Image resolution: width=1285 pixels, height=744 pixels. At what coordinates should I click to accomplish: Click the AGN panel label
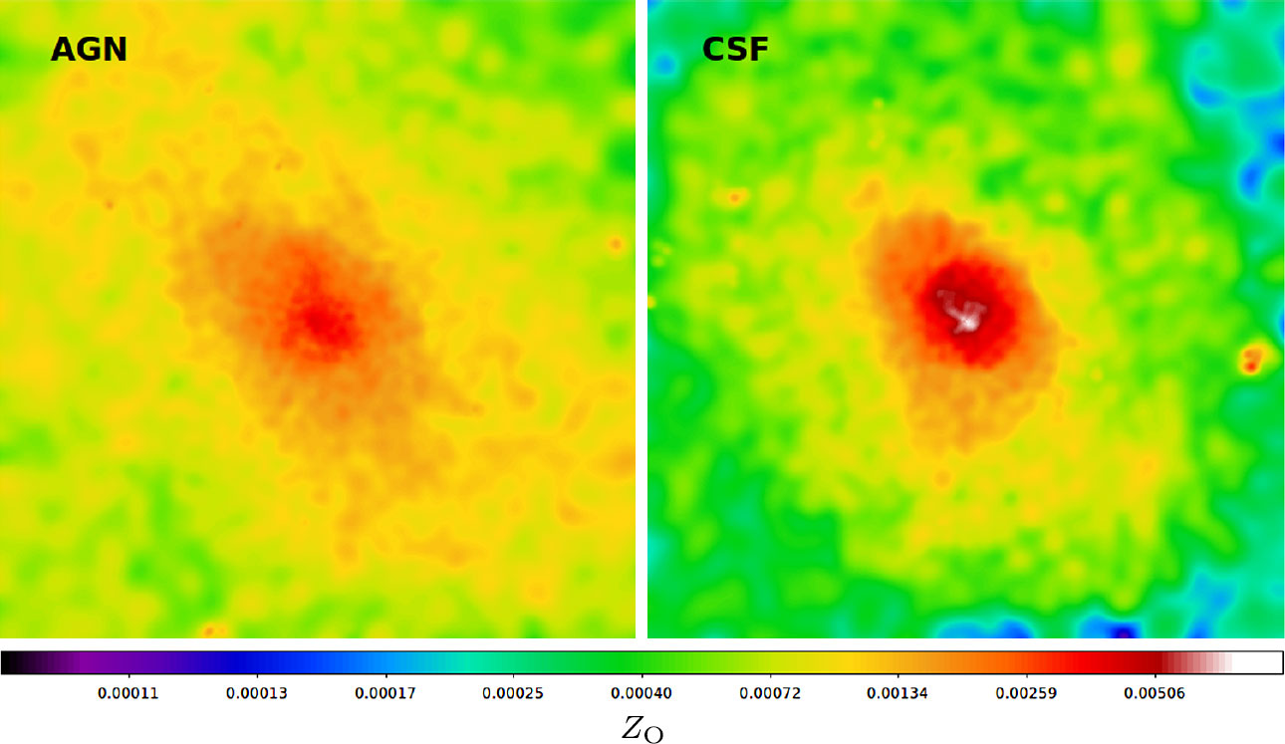coord(89,49)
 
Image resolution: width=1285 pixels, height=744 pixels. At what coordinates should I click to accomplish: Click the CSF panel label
coord(735,49)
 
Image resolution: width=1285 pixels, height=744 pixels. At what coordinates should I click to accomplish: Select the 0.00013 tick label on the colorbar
coord(258,693)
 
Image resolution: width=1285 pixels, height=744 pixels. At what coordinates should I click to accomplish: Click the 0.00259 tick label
coord(1027,693)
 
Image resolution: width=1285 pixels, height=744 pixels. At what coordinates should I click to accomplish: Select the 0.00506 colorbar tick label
coord(1156,693)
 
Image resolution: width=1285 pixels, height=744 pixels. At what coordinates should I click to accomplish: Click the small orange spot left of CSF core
coord(735,197)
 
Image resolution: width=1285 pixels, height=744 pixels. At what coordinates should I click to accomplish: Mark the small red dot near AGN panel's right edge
coord(616,243)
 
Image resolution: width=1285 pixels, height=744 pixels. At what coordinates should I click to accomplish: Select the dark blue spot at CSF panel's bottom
coord(1123,631)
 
